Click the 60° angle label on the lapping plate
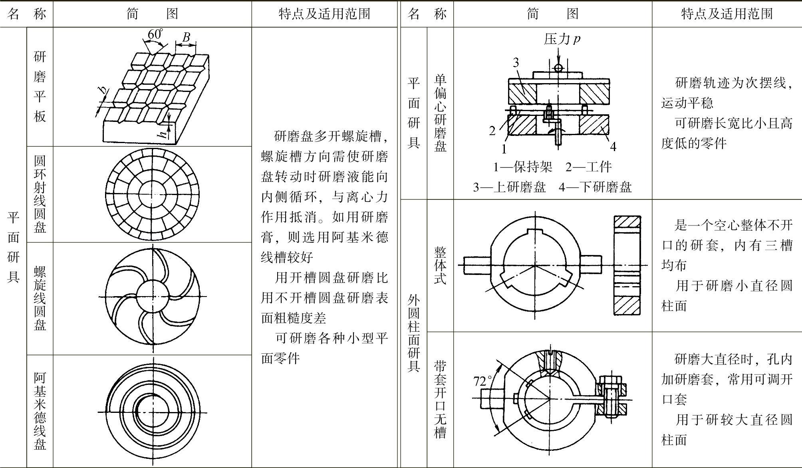point(155,34)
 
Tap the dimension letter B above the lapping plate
point(186,37)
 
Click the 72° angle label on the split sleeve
point(482,381)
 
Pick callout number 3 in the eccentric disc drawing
point(516,63)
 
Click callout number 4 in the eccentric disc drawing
point(613,147)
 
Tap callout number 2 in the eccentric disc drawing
point(492,130)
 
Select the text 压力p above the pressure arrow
point(562,39)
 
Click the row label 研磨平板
point(40,86)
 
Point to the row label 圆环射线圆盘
point(40,194)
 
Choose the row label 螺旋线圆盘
point(40,298)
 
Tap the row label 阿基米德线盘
point(40,411)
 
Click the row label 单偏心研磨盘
point(440,113)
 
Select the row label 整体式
point(440,265)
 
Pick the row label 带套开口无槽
point(440,399)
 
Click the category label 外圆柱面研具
point(414,333)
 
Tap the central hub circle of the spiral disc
point(153,297)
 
